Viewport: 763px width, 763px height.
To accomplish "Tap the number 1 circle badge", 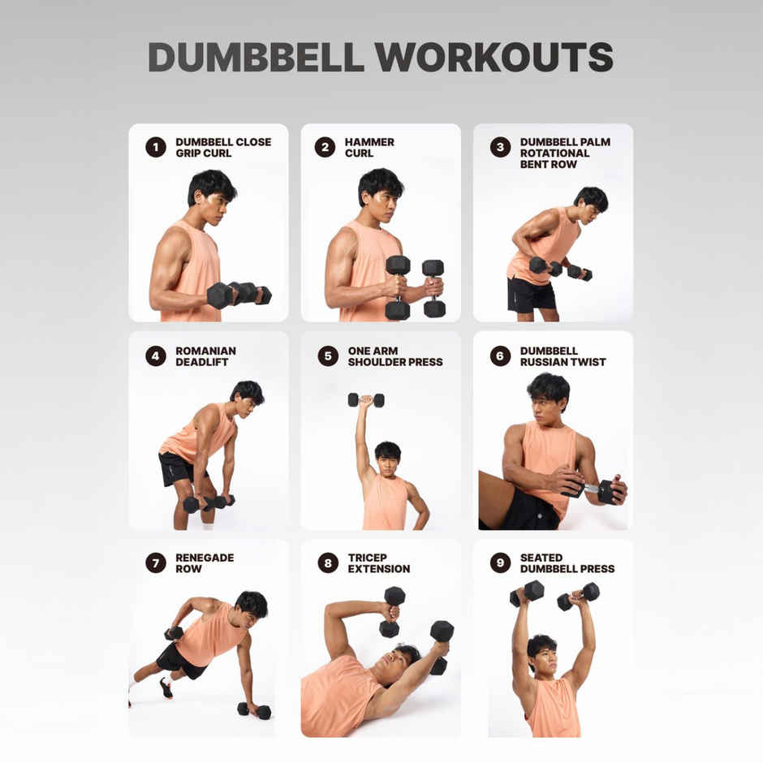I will [x=156, y=147].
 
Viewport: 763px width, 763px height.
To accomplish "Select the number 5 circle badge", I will [x=328, y=356].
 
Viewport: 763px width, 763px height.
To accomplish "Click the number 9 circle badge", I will [x=500, y=563].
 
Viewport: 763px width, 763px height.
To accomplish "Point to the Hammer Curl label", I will [x=369, y=148].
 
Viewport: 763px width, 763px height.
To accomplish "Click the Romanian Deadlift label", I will [x=205, y=356].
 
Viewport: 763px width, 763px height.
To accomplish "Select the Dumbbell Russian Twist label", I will [x=563, y=356].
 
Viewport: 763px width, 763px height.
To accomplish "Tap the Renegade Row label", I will [x=193, y=563].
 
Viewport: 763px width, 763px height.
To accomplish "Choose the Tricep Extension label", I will [x=378, y=563].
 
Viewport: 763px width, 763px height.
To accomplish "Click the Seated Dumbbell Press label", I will [x=567, y=563].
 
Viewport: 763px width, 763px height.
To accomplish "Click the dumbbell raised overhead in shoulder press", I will [x=366, y=400].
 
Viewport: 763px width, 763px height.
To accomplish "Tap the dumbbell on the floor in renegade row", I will [x=253, y=710].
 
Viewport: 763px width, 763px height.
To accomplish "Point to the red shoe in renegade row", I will [x=166, y=688].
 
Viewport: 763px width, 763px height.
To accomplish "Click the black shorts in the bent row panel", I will [x=530, y=295].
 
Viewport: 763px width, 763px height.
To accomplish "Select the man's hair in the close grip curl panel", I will [x=211, y=184].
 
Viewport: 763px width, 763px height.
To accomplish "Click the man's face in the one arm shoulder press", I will [x=387, y=460].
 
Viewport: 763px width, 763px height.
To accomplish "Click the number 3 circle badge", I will [x=500, y=147].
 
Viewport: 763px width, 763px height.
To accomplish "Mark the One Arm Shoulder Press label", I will [x=394, y=356].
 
